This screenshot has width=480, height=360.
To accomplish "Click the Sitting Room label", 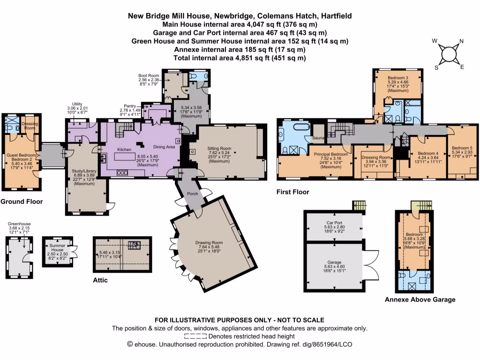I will (220, 148).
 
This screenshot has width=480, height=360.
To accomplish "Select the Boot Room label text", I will (148, 75).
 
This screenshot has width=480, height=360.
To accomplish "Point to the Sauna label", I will (318, 138).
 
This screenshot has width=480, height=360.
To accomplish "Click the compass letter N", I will (461, 41).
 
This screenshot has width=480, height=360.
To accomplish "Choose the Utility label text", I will (77, 104).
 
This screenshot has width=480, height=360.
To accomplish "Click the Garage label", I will (334, 263).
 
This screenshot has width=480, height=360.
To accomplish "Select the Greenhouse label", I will (20, 224).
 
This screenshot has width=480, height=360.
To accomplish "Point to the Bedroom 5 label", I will (462, 148).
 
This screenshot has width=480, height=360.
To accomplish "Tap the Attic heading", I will (100, 280).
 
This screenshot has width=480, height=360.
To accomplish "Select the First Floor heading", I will (293, 192).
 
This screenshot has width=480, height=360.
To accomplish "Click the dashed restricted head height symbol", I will (195, 336).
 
